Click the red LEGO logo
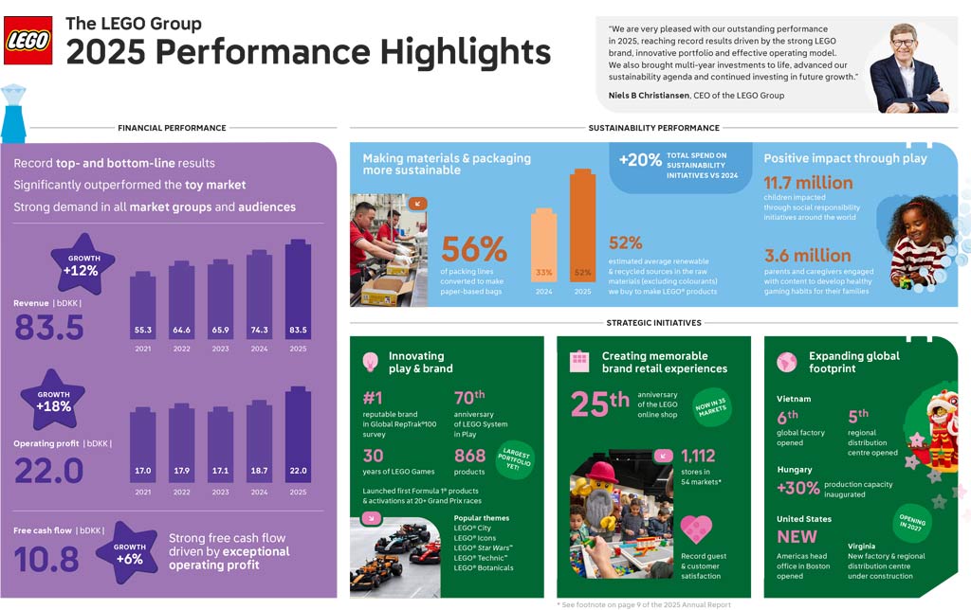point(27,40)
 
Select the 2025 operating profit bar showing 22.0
point(298,436)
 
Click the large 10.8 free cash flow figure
point(46,560)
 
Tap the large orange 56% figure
point(474,249)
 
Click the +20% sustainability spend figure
point(640,160)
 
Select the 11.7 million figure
point(808,183)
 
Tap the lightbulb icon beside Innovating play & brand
point(372,362)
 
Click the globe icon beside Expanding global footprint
point(786,362)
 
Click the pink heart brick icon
point(696,529)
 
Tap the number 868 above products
point(470,456)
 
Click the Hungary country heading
point(794,470)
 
